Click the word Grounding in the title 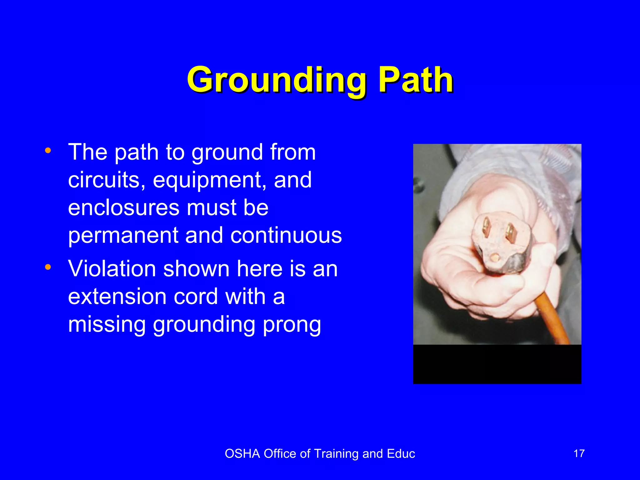[x=277, y=80]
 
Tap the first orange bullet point [x=48, y=150]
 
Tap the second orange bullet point [x=48, y=267]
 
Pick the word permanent [x=123, y=236]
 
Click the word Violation [x=112, y=269]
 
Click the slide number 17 [x=579, y=453]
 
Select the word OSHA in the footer [x=242, y=454]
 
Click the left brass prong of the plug [x=487, y=227]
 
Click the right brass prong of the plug [x=510, y=233]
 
